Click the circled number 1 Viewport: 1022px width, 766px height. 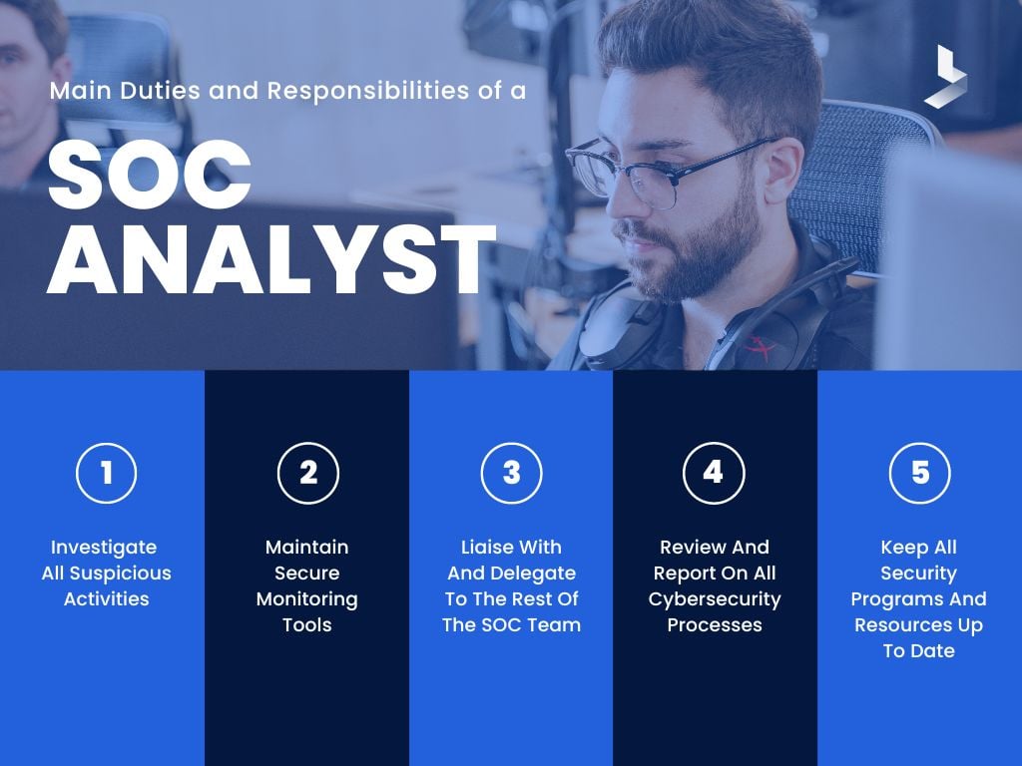coord(106,472)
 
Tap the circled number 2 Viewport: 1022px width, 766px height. coord(308,472)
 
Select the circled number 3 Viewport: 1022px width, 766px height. coord(511,472)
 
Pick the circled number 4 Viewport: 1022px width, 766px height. coord(714,472)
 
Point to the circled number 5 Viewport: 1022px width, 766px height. coord(919,472)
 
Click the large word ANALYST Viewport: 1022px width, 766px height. coord(271,261)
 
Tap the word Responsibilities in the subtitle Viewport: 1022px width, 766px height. coord(366,91)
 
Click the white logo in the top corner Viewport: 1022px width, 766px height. coord(944,77)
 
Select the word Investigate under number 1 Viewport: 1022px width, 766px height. coord(104,548)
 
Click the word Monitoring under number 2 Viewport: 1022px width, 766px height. coord(306,599)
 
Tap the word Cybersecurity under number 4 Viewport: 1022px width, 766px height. coord(715,599)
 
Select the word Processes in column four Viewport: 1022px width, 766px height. coord(715,625)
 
